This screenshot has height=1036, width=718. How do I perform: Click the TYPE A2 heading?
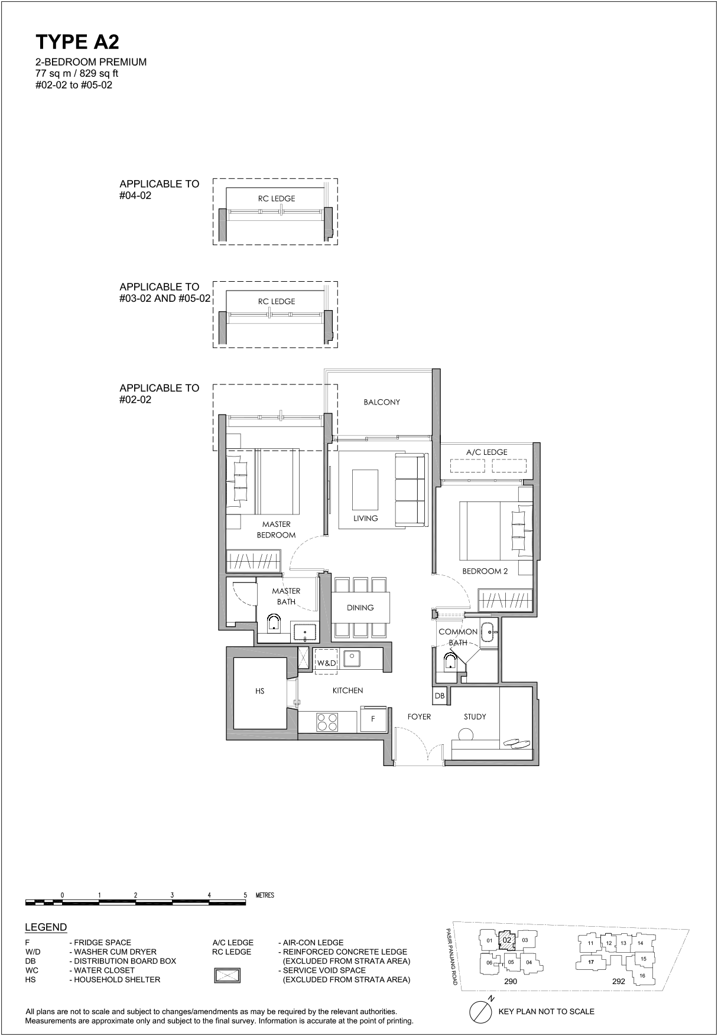[77, 42]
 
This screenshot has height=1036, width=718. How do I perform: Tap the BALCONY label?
[382, 402]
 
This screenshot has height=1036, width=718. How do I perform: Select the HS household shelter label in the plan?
[260, 691]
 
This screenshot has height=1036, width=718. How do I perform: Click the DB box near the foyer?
[440, 696]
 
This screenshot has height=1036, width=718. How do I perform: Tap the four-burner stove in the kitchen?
[327, 722]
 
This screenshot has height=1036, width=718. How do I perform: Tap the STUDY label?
[475, 716]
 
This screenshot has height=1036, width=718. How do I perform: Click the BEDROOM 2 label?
[485, 571]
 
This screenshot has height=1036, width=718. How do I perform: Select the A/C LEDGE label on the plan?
[487, 452]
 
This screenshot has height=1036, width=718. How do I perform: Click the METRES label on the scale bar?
[265, 895]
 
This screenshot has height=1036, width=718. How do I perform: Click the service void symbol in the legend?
[228, 975]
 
